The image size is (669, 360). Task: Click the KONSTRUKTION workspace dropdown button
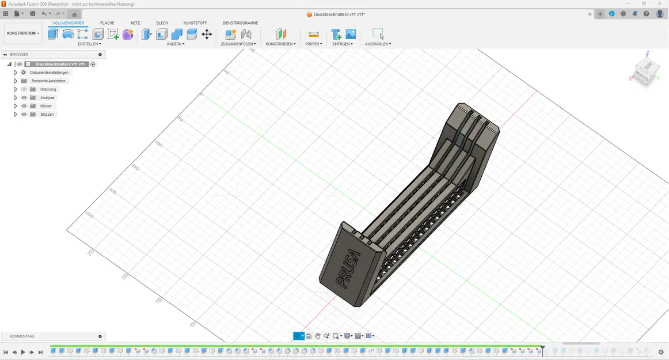23,33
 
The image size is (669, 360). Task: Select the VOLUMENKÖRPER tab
68,23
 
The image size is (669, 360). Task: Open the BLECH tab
162,23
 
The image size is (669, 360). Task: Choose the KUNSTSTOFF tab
195,23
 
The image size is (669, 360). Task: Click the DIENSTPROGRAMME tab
240,23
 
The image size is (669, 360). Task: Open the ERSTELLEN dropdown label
89,44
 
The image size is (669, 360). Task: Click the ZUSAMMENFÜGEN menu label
238,44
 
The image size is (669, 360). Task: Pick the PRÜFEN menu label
313,44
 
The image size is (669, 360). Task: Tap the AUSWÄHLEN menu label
378,44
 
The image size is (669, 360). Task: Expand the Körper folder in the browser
16,106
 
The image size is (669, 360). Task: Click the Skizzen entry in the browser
47,115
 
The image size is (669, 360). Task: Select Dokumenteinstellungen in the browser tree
49,73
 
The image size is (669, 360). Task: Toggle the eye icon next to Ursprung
24,89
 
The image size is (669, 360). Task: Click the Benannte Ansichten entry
48,81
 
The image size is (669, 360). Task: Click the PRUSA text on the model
348,269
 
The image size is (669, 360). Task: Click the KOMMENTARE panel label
22,336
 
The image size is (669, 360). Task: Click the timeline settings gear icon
661,352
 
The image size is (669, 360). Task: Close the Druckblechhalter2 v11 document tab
590,14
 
